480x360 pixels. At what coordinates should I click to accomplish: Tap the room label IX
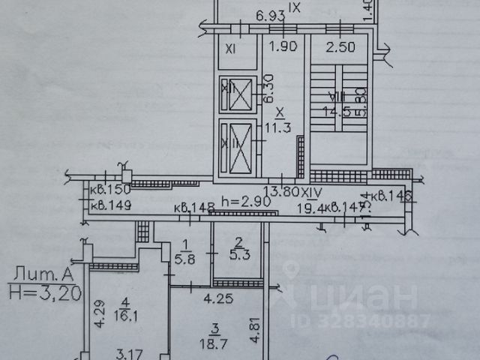tap(295, 7)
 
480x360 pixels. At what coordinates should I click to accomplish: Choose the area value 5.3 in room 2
tap(237, 254)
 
